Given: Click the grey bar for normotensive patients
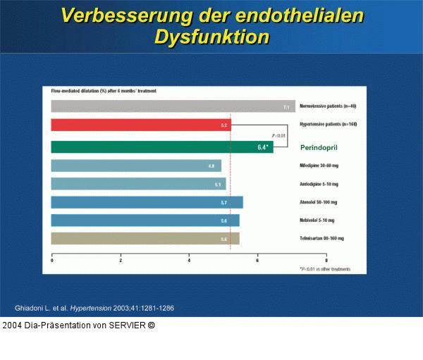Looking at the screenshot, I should [x=173, y=106].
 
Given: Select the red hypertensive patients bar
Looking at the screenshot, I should [x=141, y=125].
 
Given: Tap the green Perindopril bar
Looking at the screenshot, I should [x=162, y=147].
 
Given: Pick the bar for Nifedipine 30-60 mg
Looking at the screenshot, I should [x=136, y=166].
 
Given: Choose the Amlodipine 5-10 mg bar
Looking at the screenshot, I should [x=138, y=184].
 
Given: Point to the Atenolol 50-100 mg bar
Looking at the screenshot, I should [x=147, y=202].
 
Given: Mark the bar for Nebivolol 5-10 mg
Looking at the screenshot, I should [x=145, y=221].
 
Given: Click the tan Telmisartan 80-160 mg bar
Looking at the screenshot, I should [x=145, y=239].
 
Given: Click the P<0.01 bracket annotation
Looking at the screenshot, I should [x=279, y=135].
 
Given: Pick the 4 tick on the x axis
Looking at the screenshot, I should [x=189, y=261].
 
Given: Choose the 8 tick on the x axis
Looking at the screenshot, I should [x=326, y=261].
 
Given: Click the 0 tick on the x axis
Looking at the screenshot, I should [x=52, y=261].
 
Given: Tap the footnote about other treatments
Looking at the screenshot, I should [x=324, y=269].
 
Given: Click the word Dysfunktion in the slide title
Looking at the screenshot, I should [x=211, y=37].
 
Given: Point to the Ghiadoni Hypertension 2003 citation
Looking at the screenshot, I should [x=94, y=309].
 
